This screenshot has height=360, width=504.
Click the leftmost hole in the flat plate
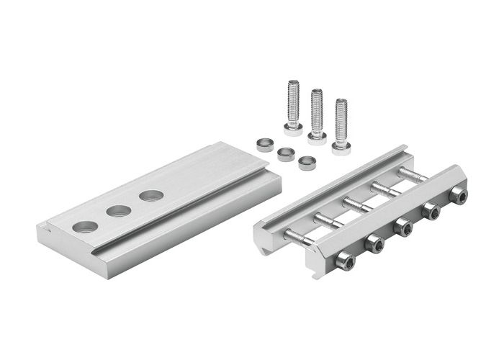85,226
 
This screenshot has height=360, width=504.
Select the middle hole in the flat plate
119,211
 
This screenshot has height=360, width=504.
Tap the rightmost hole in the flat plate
151,196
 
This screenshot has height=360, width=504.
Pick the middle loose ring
286,153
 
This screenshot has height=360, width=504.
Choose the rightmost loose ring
307,162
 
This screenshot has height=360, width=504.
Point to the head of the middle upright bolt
317,137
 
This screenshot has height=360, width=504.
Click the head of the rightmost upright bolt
341,148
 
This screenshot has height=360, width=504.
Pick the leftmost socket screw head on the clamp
345,264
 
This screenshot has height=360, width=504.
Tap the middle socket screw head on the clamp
404,228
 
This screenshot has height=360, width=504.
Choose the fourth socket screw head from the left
431,211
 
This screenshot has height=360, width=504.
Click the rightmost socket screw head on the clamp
457,195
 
